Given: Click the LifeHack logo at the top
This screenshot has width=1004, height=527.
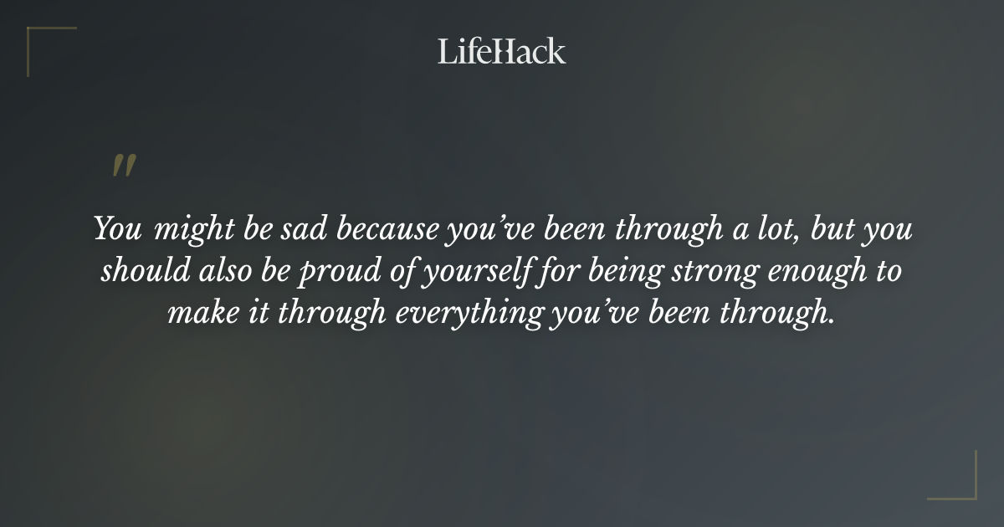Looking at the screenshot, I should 502,51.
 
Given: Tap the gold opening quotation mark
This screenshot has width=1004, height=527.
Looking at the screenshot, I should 124,166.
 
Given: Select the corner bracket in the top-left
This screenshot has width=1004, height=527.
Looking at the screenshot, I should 38,38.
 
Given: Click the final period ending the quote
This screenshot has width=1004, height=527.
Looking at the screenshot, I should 832,321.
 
